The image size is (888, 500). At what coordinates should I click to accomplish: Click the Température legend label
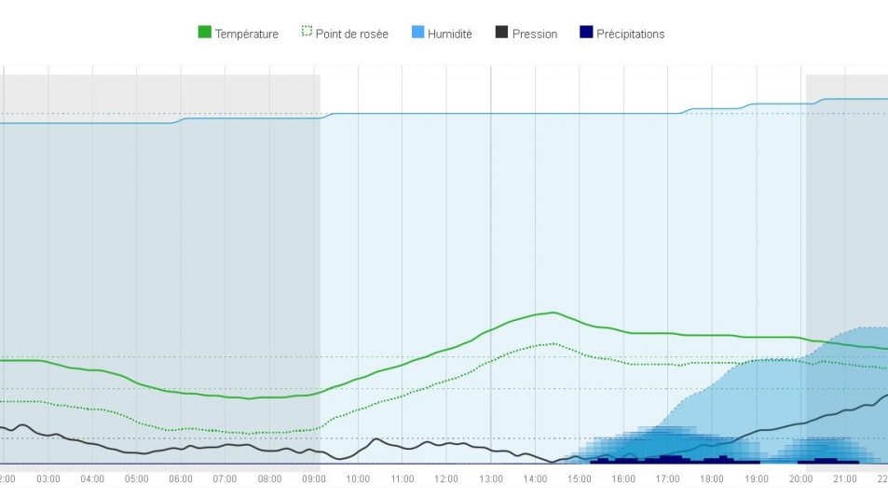(x=246, y=35)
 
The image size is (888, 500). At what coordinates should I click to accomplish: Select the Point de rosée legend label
(x=351, y=35)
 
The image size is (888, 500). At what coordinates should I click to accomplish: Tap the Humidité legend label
(x=449, y=35)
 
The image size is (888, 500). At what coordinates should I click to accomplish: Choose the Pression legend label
(x=534, y=35)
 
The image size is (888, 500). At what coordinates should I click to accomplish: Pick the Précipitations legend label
(x=630, y=35)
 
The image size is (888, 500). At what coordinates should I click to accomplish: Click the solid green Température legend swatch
(x=204, y=33)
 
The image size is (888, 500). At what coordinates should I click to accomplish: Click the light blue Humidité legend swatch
(x=417, y=33)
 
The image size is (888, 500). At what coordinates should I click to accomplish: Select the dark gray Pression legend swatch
(x=501, y=33)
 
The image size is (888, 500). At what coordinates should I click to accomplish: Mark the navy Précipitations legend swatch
(x=585, y=33)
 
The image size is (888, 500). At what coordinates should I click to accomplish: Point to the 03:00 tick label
(x=48, y=479)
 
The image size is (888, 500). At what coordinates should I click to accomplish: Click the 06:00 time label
(x=181, y=479)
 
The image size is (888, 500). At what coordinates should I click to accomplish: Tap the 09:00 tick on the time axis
(x=314, y=479)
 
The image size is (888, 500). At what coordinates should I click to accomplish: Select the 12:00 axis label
(x=446, y=479)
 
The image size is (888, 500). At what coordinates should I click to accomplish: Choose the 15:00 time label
(x=580, y=479)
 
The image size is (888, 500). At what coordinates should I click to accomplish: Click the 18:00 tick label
(x=712, y=479)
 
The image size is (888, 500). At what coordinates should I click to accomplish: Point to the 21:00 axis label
(x=845, y=479)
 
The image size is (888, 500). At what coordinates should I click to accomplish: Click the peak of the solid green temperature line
(x=553, y=312)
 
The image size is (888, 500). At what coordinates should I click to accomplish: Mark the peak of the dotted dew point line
(x=553, y=343)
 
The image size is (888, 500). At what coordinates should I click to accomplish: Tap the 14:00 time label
(x=535, y=479)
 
